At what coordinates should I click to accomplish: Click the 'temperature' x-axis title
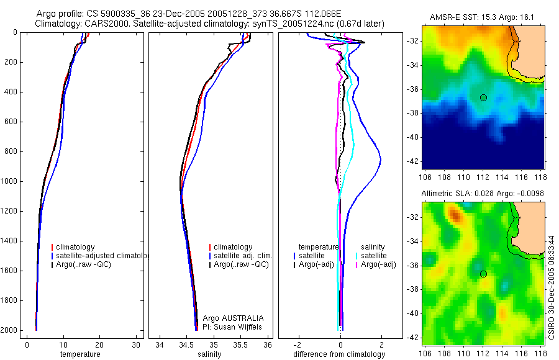80,354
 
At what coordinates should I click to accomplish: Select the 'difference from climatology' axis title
340,354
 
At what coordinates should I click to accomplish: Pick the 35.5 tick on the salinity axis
242,344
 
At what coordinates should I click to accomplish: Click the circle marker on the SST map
483,97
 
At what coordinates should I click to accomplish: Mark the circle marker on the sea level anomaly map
483,274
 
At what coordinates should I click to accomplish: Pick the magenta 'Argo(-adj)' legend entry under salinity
378,265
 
